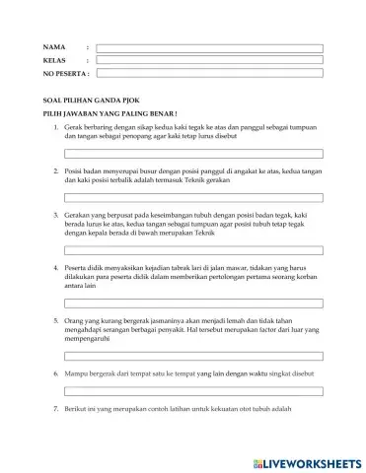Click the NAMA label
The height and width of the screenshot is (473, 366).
pyautogui.click(x=53, y=47)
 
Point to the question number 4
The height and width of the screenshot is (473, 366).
pyautogui.click(x=53, y=267)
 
